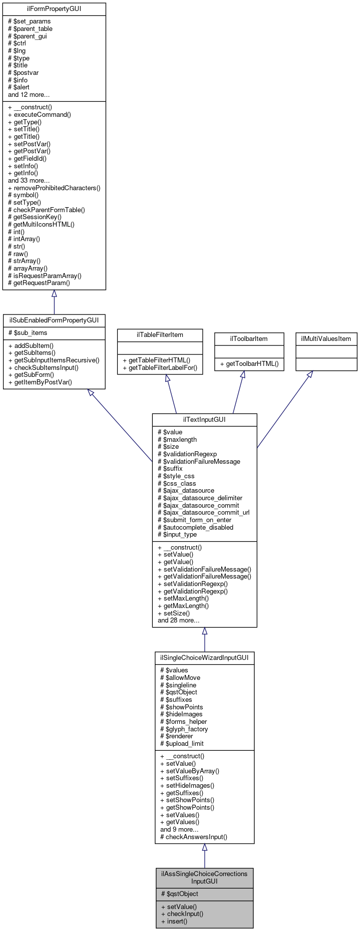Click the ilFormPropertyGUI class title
click(x=54, y=9)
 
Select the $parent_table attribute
click(x=33, y=29)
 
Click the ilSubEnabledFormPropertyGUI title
click(x=54, y=320)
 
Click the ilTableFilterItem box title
click(x=160, y=335)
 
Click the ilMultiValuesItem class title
click(x=326, y=339)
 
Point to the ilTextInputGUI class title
click(x=204, y=420)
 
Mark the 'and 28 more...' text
click(x=179, y=621)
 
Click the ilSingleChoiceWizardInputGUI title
click(x=204, y=658)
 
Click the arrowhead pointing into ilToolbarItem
click(x=243, y=374)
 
